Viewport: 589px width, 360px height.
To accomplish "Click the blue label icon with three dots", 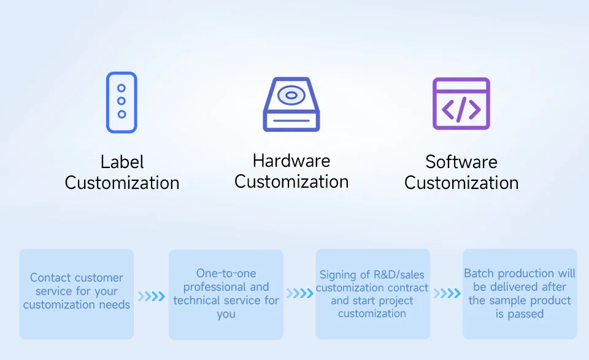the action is pos(121,102).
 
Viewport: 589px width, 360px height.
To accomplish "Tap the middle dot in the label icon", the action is pos(121,101).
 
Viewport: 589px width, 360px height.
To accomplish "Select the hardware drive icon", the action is pos(291,104).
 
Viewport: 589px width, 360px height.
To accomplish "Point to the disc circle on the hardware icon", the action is pos(291,96).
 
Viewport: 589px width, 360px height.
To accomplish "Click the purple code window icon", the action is pos(461,104).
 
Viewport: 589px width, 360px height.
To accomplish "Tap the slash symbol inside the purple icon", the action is pos(461,109).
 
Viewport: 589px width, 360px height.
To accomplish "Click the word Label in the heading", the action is pos(122,163).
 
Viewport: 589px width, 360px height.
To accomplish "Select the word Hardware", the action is pos(291,161).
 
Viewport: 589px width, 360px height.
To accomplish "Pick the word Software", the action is pos(461,163).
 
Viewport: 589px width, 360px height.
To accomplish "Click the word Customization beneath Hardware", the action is pos(291,182).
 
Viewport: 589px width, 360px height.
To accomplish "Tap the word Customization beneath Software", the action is pos(461,183).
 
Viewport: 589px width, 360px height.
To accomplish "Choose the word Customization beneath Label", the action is pos(122,183).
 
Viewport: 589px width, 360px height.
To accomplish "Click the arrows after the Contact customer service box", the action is pos(151,297).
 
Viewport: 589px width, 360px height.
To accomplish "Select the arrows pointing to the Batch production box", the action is pos(447,294).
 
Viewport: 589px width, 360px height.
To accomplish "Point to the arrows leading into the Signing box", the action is pos(299,294).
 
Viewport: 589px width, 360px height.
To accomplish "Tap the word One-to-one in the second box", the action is pos(226,274).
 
